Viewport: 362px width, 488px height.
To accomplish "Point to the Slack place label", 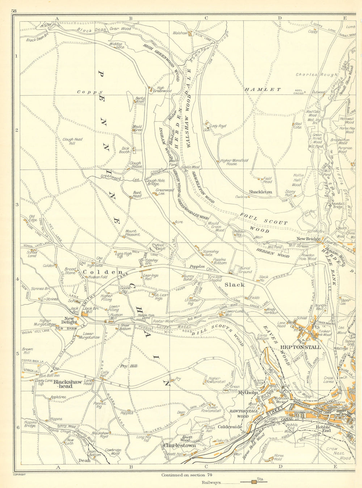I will click(235, 285).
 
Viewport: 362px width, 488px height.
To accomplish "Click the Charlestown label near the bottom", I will click(180, 446).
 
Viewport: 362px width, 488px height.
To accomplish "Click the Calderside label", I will click(230, 427).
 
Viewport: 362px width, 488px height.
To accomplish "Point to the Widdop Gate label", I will click(117, 46).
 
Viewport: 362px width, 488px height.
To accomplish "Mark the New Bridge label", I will click(308, 239).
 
